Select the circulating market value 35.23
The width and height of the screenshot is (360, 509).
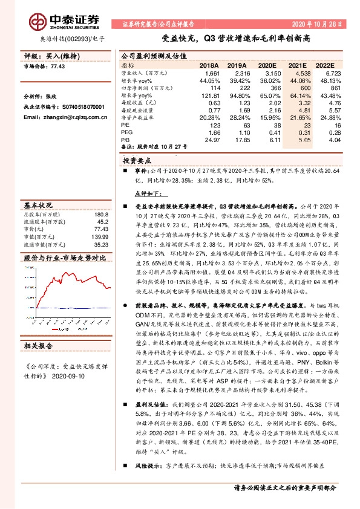101,244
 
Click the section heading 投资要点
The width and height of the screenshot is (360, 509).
137,162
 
